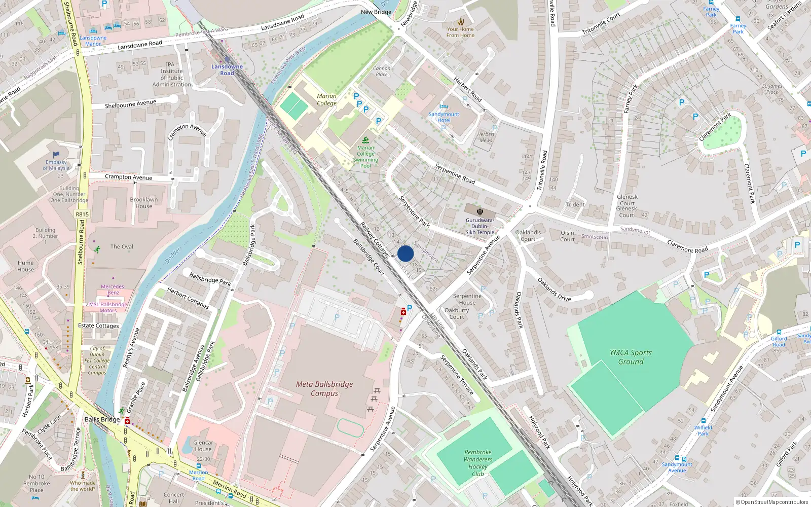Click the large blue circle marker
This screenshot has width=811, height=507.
click(405, 253)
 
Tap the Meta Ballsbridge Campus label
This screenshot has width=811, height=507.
click(324, 389)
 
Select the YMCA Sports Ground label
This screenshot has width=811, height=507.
click(631, 357)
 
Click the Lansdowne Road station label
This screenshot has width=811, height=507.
click(227, 70)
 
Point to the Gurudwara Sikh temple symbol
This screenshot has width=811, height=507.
click(480, 212)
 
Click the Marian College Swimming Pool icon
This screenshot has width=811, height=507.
click(365, 140)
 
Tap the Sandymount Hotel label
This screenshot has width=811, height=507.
click(444, 117)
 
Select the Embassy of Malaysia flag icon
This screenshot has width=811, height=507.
click(56, 155)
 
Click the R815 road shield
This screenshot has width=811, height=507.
click(82, 214)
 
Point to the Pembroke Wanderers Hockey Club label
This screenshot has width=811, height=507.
click(477, 463)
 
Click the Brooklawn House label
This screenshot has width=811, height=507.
click(143, 203)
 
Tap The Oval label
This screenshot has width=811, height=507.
click(122, 247)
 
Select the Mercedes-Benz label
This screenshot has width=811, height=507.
click(113, 289)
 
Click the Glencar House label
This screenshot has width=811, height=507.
click(203, 446)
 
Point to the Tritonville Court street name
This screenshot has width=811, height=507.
click(601, 23)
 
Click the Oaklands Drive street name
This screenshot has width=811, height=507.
click(554, 289)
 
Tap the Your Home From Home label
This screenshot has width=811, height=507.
click(460, 32)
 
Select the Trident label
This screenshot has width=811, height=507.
click(575, 205)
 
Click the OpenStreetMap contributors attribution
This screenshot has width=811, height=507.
click(772, 502)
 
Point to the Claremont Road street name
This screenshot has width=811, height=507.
click(687, 246)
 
